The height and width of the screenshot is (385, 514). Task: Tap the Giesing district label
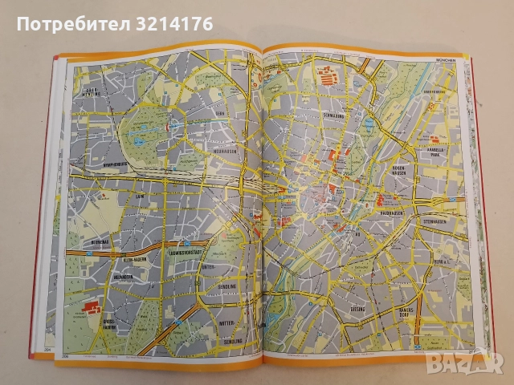click(357, 308)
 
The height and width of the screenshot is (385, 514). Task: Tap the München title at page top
click(443, 59)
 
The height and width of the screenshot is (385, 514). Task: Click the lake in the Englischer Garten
click(366, 124)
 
